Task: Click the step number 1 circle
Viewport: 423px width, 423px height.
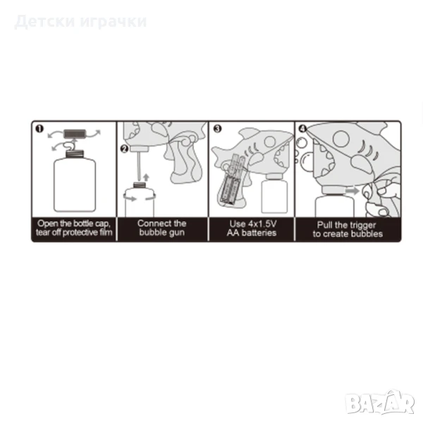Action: coord(39,129)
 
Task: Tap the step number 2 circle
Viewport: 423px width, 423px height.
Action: coord(124,149)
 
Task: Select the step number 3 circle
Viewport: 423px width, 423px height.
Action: coord(217,129)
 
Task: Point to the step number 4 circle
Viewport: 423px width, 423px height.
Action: coord(302,129)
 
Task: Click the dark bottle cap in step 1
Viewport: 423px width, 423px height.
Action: coord(75,133)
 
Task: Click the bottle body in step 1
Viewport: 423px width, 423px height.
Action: coord(75,185)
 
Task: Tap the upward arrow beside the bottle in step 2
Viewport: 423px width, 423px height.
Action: coord(146,177)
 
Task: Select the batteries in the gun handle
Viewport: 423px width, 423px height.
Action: coord(231,179)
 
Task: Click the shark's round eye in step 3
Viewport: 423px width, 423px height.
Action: coord(270,141)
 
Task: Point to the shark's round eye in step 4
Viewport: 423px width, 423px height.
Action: coord(341,139)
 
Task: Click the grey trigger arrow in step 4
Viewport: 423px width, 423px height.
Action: coord(352,191)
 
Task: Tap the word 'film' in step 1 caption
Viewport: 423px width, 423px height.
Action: coord(106,232)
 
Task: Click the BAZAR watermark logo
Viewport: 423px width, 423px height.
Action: coord(380,403)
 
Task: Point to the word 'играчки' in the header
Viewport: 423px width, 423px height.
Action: coord(114,22)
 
